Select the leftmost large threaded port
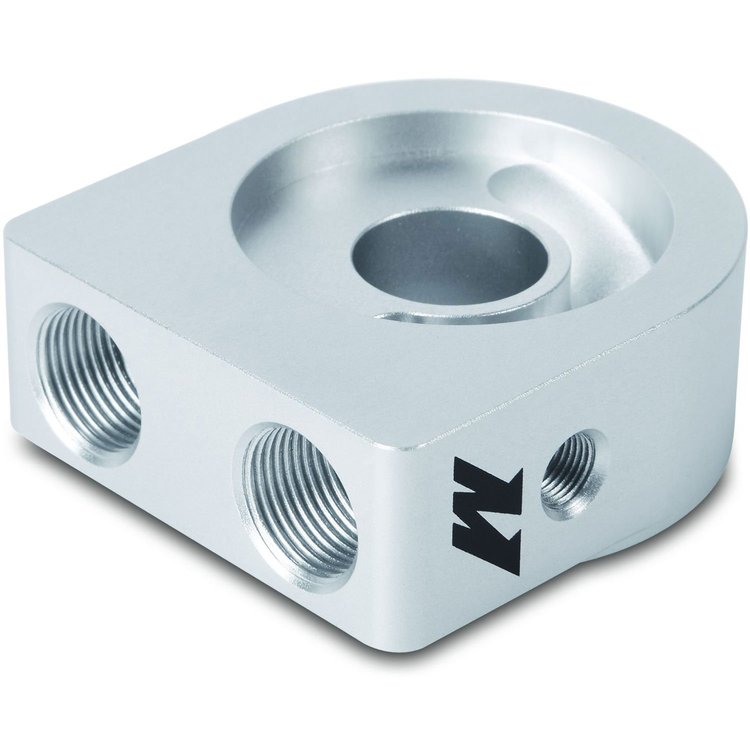[x=88, y=384]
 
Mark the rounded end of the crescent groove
[x=502, y=179]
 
